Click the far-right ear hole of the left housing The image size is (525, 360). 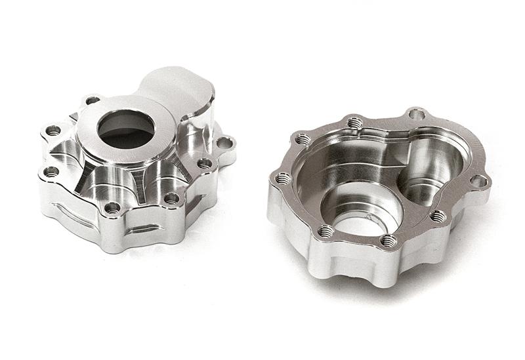[x=225, y=142]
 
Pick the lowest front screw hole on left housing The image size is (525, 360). [x=113, y=208]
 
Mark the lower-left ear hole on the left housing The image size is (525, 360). [x=51, y=172]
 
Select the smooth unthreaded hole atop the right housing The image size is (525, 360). [x=416, y=114]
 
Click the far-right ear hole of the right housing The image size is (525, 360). [x=480, y=181]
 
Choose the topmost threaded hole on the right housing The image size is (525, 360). [x=354, y=122]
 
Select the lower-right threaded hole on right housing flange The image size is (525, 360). [x=438, y=216]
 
